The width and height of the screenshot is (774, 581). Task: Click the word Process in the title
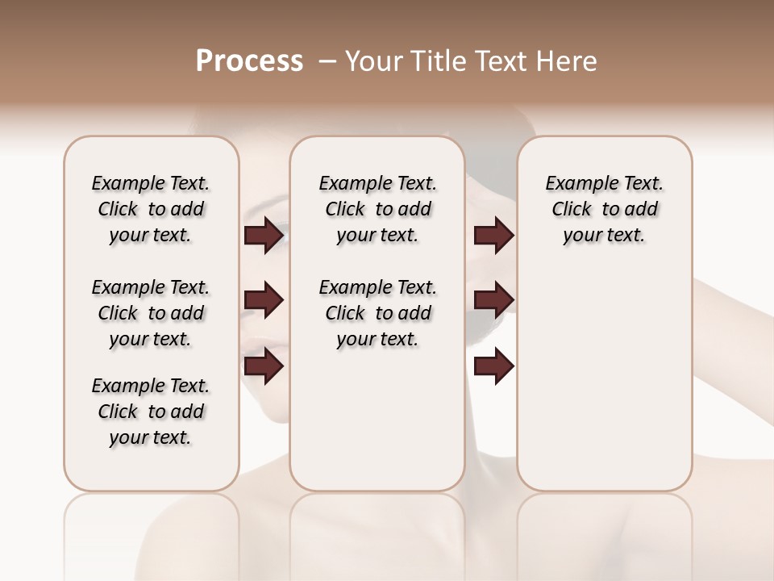click(x=249, y=61)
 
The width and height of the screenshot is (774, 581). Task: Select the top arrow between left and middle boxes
click(x=264, y=236)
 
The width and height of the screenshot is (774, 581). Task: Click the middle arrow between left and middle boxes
click(x=264, y=301)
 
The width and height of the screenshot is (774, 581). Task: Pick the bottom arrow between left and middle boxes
click(x=264, y=366)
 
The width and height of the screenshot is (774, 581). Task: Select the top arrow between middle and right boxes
click(x=493, y=236)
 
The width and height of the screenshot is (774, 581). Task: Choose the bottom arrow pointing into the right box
click(x=493, y=366)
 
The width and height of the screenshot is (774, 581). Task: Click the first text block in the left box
click(x=151, y=209)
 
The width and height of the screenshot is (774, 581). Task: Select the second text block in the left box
click(x=151, y=313)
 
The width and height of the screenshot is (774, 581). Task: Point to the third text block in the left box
click(x=151, y=412)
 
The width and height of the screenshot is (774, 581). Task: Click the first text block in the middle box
click(x=378, y=209)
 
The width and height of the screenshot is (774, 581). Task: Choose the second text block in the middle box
click(x=378, y=313)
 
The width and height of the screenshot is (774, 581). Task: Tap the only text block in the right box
click(x=605, y=209)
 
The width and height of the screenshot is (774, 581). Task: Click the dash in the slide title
click(x=327, y=61)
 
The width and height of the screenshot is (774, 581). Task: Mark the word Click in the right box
click(x=572, y=210)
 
